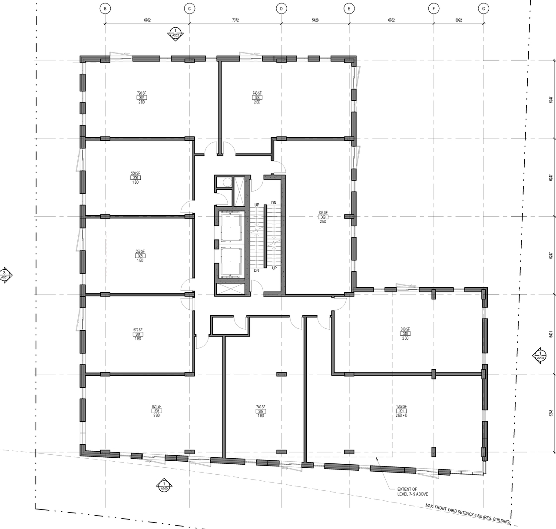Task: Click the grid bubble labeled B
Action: pyautogui.click(x=104, y=8)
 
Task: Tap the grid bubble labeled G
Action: pyautogui.click(x=483, y=8)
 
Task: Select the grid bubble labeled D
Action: pyautogui.click(x=281, y=8)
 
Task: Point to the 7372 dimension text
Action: pyautogui.click(x=235, y=20)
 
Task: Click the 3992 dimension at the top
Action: pyautogui.click(x=458, y=20)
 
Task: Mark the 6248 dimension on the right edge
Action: pyautogui.click(x=551, y=413)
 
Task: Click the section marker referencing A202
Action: pyautogui.click(x=175, y=33)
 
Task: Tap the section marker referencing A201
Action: pyautogui.click(x=5, y=275)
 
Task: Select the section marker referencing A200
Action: pyautogui.click(x=164, y=486)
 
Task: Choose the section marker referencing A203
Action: pyautogui.click(x=540, y=356)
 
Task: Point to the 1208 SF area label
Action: pyautogui.click(x=401, y=407)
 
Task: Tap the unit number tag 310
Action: pyautogui.click(x=405, y=334)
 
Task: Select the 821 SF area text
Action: pyautogui.click(x=156, y=407)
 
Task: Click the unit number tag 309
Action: pyautogui.click(x=323, y=217)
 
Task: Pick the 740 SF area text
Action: pyautogui.click(x=261, y=407)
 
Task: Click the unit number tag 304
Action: pyautogui.click(x=138, y=334)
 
